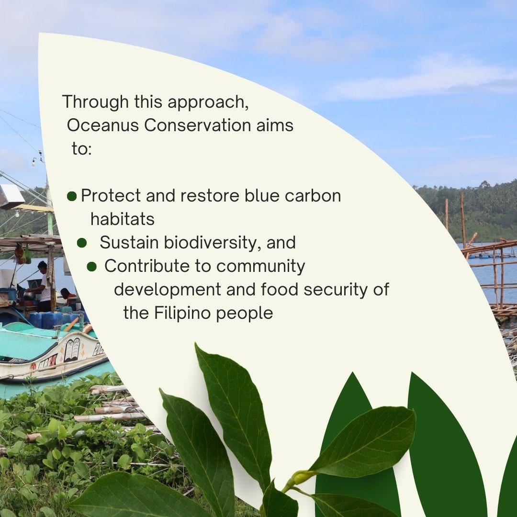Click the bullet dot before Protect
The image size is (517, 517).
(x=72, y=196)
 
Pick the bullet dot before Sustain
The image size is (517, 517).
(x=82, y=243)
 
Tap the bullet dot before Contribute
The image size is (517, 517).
(x=91, y=267)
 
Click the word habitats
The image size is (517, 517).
(x=122, y=219)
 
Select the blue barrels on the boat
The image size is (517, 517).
(x=48, y=319)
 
